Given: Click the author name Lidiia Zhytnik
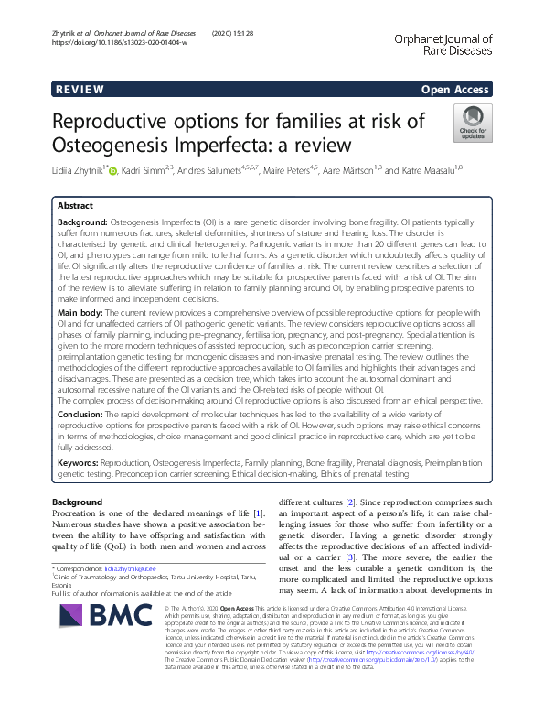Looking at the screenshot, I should pyautogui.click(x=77, y=170).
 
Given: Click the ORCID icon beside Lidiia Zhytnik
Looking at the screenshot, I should pyautogui.click(x=114, y=171).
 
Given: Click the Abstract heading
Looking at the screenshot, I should pyautogui.click(x=75, y=207).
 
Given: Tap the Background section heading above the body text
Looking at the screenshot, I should pyautogui.click(x=78, y=502).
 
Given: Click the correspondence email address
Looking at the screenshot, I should pyautogui.click(x=134, y=569).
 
